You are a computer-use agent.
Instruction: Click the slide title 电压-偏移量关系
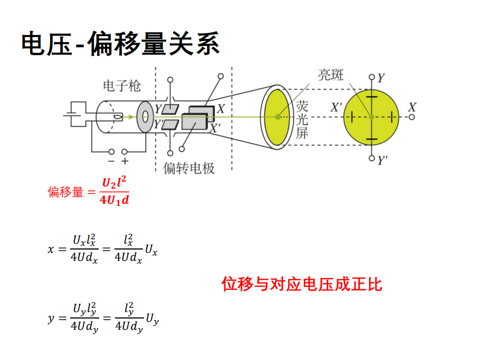pyautogui.click(x=120, y=43)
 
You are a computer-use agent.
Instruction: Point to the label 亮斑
pyautogui.click(x=330, y=75)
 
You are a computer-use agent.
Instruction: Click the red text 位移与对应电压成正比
pyautogui.click(x=302, y=284)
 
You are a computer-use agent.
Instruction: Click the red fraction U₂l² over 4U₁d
pyautogui.click(x=115, y=191)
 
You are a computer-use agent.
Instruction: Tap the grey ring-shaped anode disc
pyautogui.click(x=145, y=116)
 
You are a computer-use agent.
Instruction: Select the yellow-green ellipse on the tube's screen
pyautogui.click(x=277, y=117)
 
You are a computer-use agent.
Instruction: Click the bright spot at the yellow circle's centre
pyautogui.click(x=371, y=117)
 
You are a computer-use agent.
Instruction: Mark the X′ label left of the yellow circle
pyautogui.click(x=336, y=107)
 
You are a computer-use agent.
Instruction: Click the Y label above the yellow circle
pyautogui.click(x=381, y=78)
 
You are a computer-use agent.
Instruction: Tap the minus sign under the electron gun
pyautogui.click(x=111, y=161)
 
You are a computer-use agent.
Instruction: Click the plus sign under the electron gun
pyautogui.click(x=125, y=161)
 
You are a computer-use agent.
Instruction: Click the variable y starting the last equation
pyautogui.click(x=51, y=319)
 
